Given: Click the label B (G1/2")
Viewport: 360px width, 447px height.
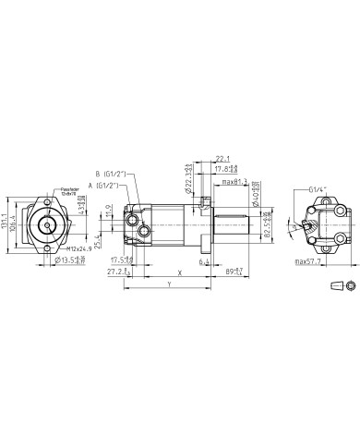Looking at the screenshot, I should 109,174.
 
